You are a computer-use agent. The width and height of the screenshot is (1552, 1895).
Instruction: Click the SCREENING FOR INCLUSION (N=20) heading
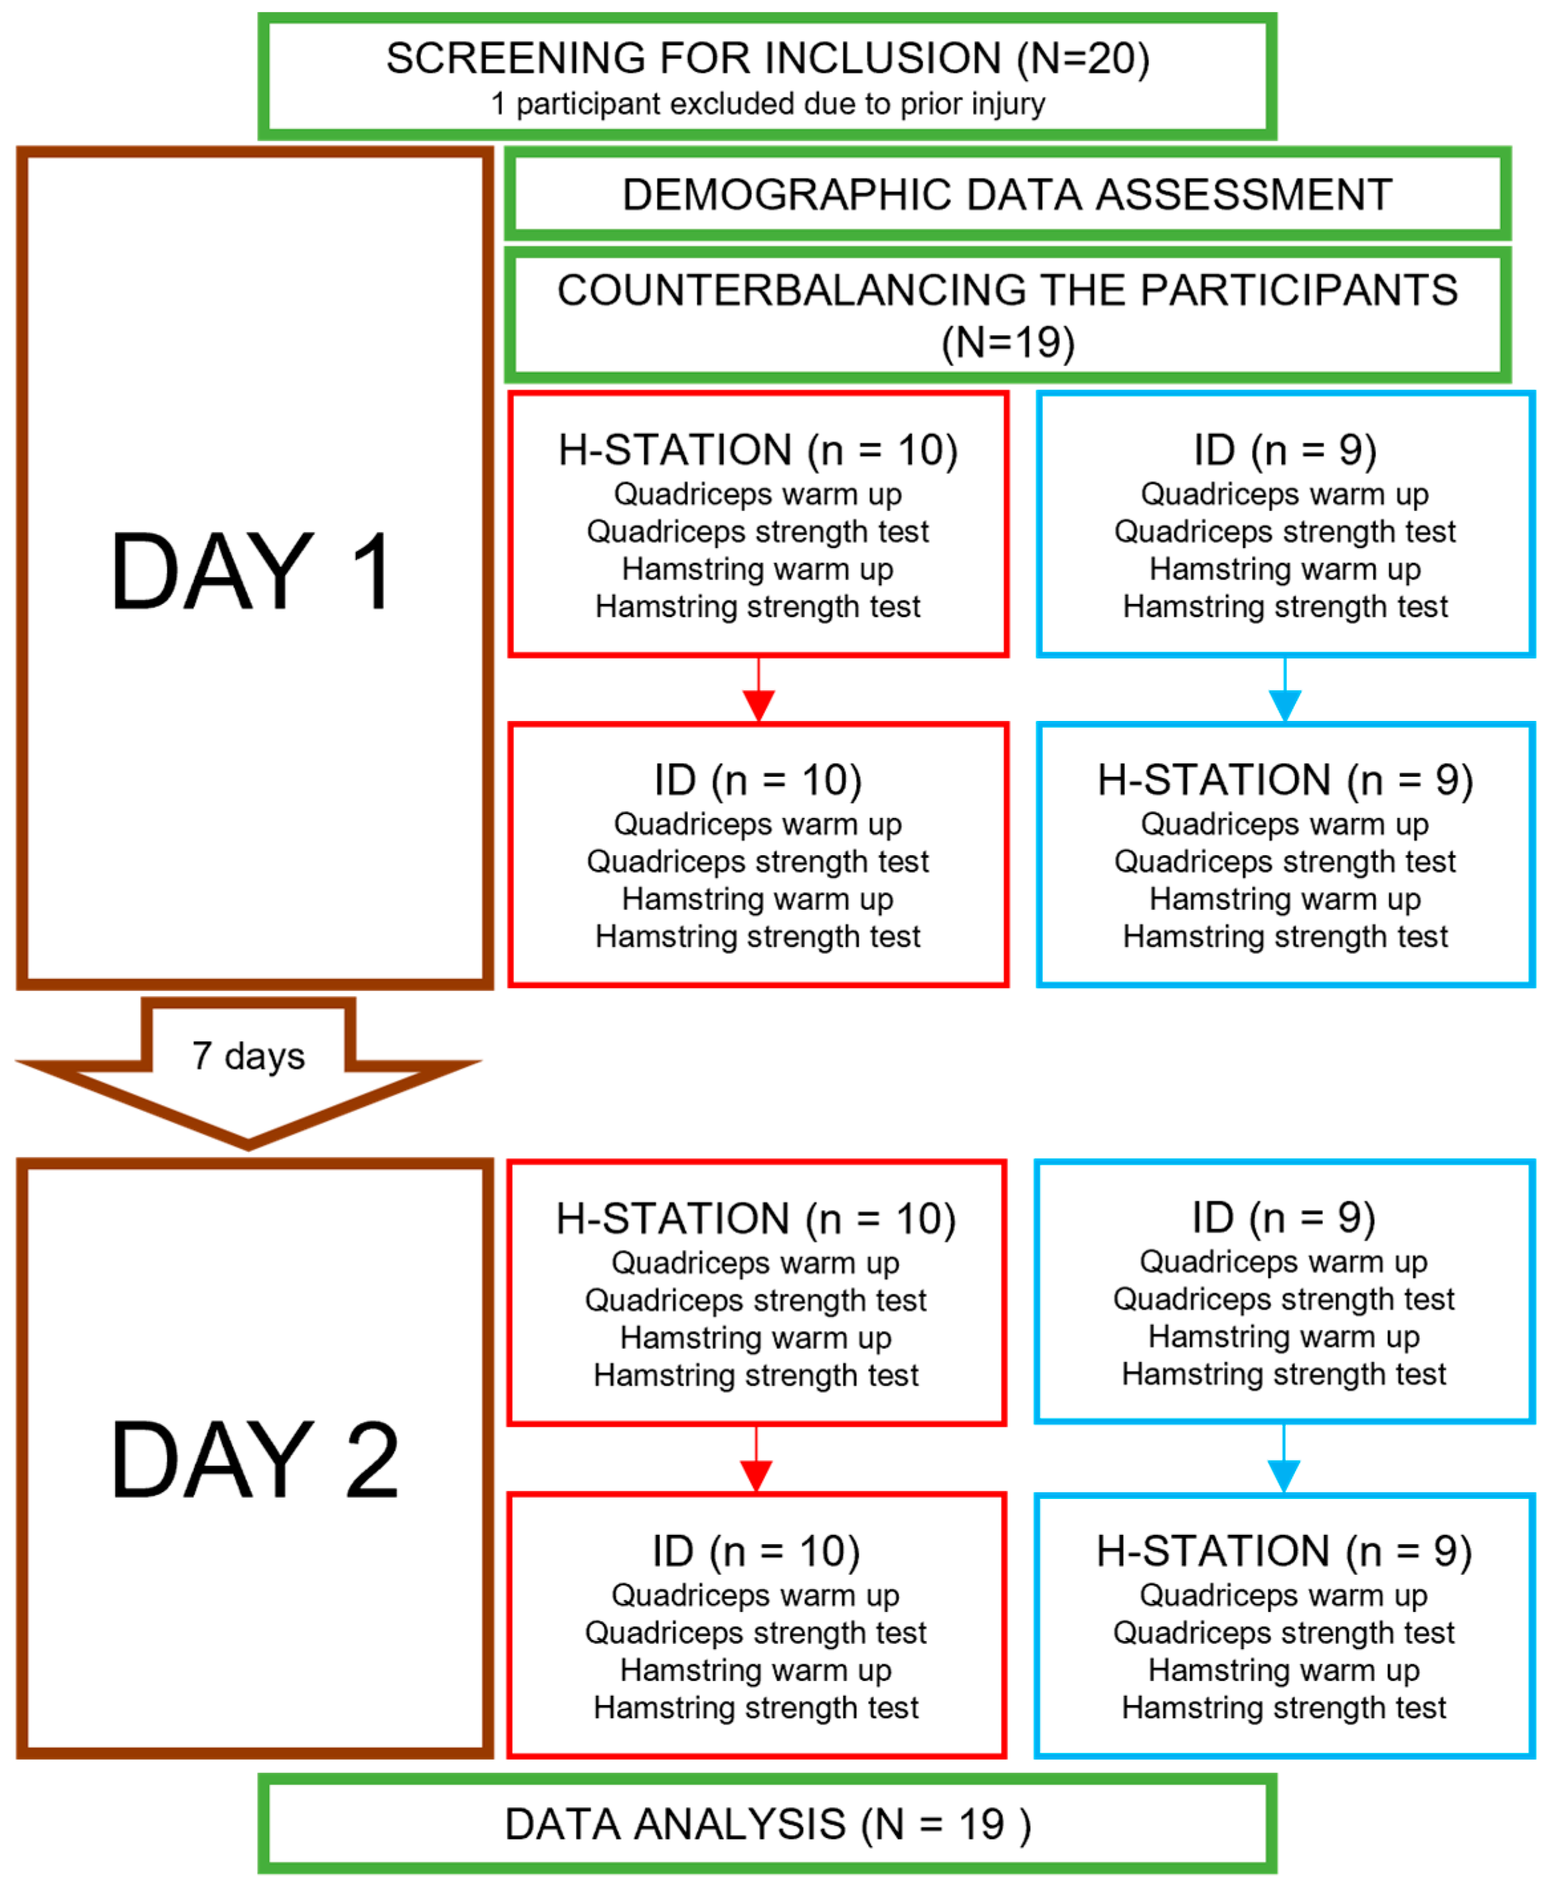point(767,59)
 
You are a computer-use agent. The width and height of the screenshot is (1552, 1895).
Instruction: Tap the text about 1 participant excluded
point(767,104)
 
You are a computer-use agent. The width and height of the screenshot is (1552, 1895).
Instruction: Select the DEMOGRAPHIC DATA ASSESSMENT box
point(1007,194)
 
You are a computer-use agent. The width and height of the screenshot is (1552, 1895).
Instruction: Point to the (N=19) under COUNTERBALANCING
point(1007,342)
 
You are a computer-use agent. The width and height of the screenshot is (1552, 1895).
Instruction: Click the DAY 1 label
point(253,572)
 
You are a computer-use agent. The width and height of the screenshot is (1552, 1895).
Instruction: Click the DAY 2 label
point(253,1460)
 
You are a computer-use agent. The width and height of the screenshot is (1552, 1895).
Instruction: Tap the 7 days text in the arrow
point(248,1056)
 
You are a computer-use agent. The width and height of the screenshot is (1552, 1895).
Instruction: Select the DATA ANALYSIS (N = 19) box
point(767,1825)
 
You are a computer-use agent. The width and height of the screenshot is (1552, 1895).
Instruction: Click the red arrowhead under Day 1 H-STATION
point(758,705)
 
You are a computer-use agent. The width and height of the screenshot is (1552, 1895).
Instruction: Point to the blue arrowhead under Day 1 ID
point(1284,705)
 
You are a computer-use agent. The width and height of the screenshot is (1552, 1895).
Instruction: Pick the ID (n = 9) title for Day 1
point(1284,450)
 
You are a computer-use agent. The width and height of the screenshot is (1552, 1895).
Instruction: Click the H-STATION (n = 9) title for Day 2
point(1284,1551)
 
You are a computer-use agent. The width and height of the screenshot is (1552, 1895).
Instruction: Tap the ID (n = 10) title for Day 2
point(756,1551)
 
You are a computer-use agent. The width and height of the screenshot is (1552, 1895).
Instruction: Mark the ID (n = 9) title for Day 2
point(1283,1217)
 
